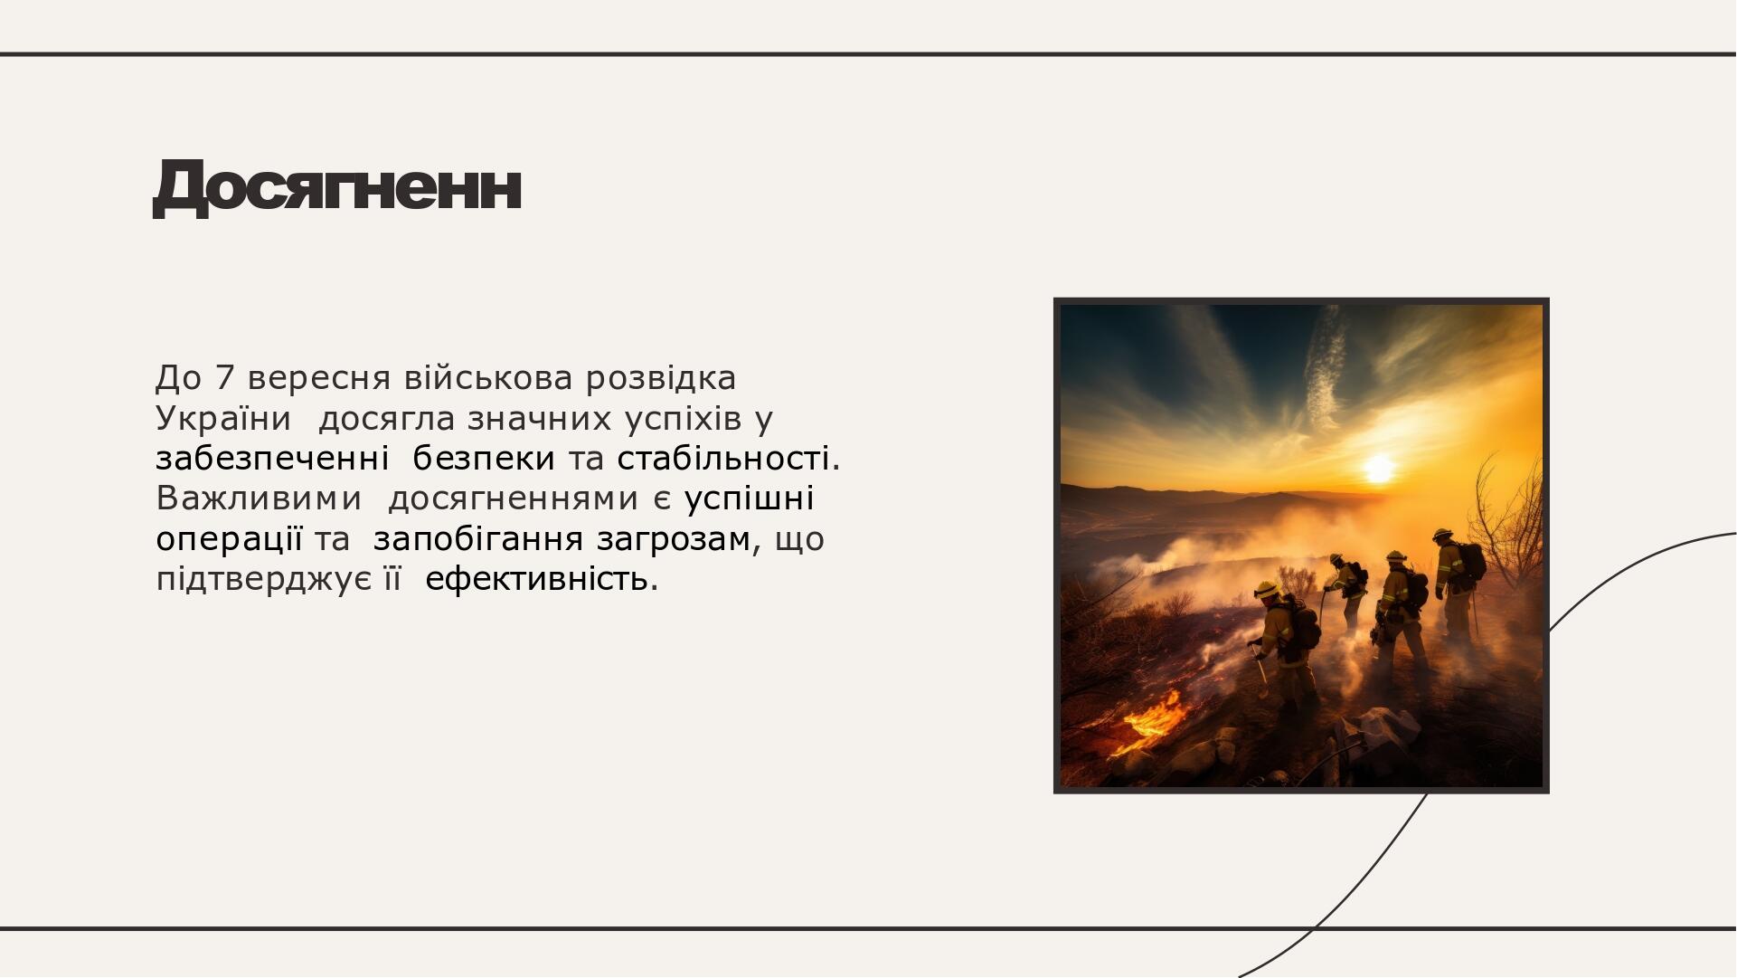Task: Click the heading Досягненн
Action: pyautogui.click(x=337, y=187)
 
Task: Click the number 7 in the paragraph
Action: pyautogui.click(x=224, y=378)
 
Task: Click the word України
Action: pyautogui.click(x=223, y=419)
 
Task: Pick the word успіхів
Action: pyautogui.click(x=683, y=419)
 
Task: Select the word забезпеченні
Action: pyautogui.click(x=272, y=459)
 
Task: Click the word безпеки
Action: pyautogui.click(x=484, y=459)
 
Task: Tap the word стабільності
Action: pyautogui.click(x=729, y=459)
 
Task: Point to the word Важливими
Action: pyautogui.click(x=259, y=498)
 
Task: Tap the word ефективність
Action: pyautogui.click(x=542, y=580)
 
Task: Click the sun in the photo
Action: pyautogui.click(x=1379, y=469)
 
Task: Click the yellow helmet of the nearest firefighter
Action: pyautogui.click(x=1268, y=589)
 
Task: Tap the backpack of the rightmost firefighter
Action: pyautogui.click(x=1472, y=561)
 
